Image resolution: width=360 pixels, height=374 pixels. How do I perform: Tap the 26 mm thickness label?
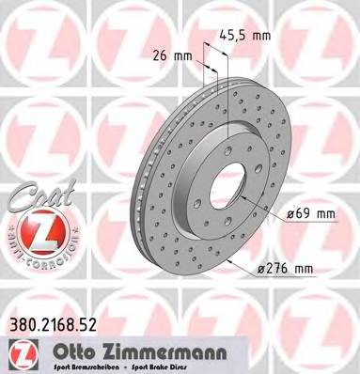pyautogui.click(x=178, y=55)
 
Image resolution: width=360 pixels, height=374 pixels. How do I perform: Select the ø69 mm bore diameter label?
pyautogui.click(x=311, y=214)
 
